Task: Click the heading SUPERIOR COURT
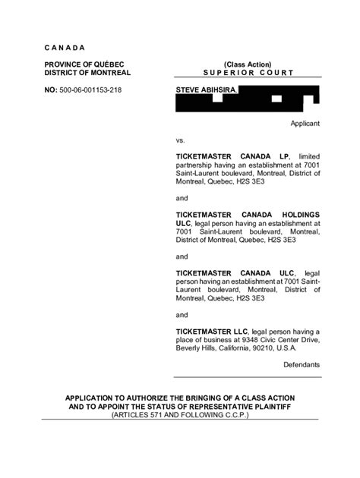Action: coord(248,73)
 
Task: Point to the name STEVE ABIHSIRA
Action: coord(207,90)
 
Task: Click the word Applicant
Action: coord(305,123)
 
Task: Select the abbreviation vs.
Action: coord(181,140)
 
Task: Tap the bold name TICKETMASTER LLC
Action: coord(211,332)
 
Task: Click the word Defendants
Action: coord(302,365)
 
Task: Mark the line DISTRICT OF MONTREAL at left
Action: coord(87,73)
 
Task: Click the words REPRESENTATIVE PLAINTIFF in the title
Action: coord(236,407)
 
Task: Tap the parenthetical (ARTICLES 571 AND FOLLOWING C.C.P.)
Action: coord(179,416)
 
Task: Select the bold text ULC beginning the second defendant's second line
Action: coord(183,224)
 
